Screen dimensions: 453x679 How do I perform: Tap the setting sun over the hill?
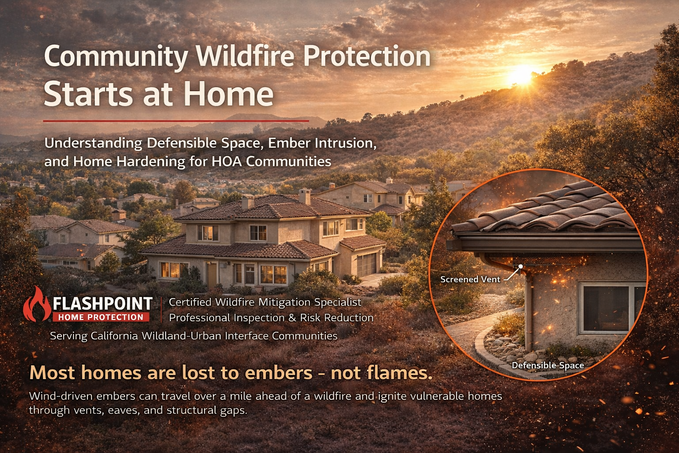coord(520,76)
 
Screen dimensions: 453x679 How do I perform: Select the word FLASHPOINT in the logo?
coord(103,303)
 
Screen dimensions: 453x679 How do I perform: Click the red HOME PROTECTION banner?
coord(101,317)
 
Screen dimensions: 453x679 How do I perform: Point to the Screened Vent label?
coord(470,279)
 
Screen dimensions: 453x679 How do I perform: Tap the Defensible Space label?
coord(548,365)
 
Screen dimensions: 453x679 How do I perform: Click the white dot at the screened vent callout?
coord(521,266)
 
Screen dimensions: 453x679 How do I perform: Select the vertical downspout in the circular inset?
coord(528,310)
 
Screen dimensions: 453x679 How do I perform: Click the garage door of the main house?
coord(366,264)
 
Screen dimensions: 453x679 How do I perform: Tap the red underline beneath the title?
coord(176,120)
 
